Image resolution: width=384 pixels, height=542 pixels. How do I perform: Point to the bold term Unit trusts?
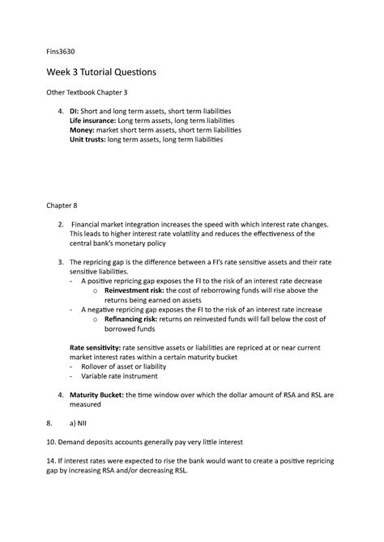tap(90, 139)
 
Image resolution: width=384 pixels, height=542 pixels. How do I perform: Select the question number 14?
tap(50, 464)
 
